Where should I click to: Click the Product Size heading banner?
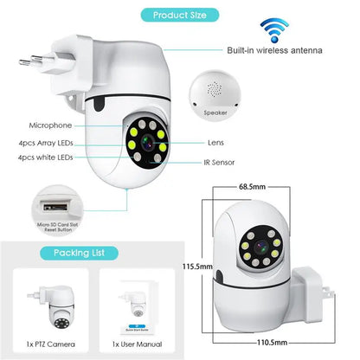179,15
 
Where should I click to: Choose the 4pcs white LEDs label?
52,158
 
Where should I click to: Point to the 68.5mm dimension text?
252,186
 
